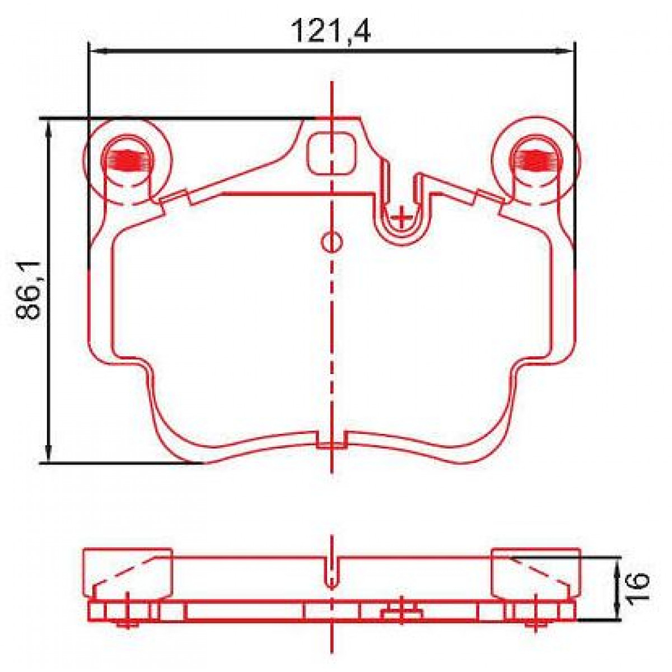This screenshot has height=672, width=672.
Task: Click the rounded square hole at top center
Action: click(333, 153)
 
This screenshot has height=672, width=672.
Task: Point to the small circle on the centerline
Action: click(331, 242)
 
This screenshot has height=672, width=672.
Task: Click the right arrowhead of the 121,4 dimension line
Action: click(568, 52)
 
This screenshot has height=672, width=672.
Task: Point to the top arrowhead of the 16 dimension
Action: click(617, 564)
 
